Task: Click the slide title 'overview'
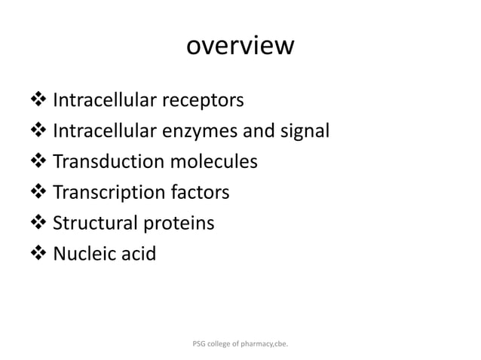click(x=240, y=46)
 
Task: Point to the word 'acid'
click(x=138, y=255)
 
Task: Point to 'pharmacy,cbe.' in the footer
click(x=268, y=344)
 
